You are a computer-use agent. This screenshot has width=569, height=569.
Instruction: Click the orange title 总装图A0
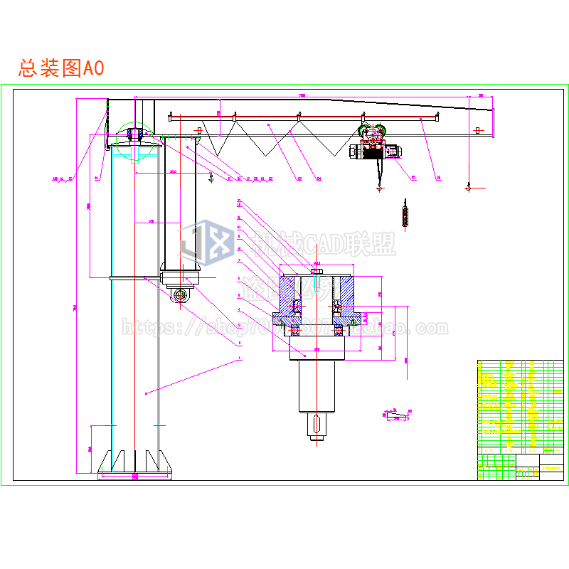(x=62, y=68)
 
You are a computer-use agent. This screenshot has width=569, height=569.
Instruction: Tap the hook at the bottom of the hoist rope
(x=379, y=188)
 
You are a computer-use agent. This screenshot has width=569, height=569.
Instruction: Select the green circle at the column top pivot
(x=135, y=139)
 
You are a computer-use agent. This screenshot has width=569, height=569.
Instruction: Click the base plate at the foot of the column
(x=135, y=474)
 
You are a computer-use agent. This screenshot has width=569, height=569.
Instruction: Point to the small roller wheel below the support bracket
(x=182, y=294)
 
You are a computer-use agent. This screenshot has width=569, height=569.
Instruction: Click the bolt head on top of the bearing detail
(x=317, y=271)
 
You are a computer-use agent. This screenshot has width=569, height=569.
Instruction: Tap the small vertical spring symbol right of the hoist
(x=406, y=214)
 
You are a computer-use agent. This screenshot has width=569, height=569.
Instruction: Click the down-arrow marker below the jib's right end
(x=469, y=188)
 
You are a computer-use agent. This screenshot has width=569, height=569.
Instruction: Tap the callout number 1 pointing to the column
(x=240, y=360)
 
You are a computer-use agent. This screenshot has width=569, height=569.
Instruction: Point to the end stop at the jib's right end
(x=478, y=130)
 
